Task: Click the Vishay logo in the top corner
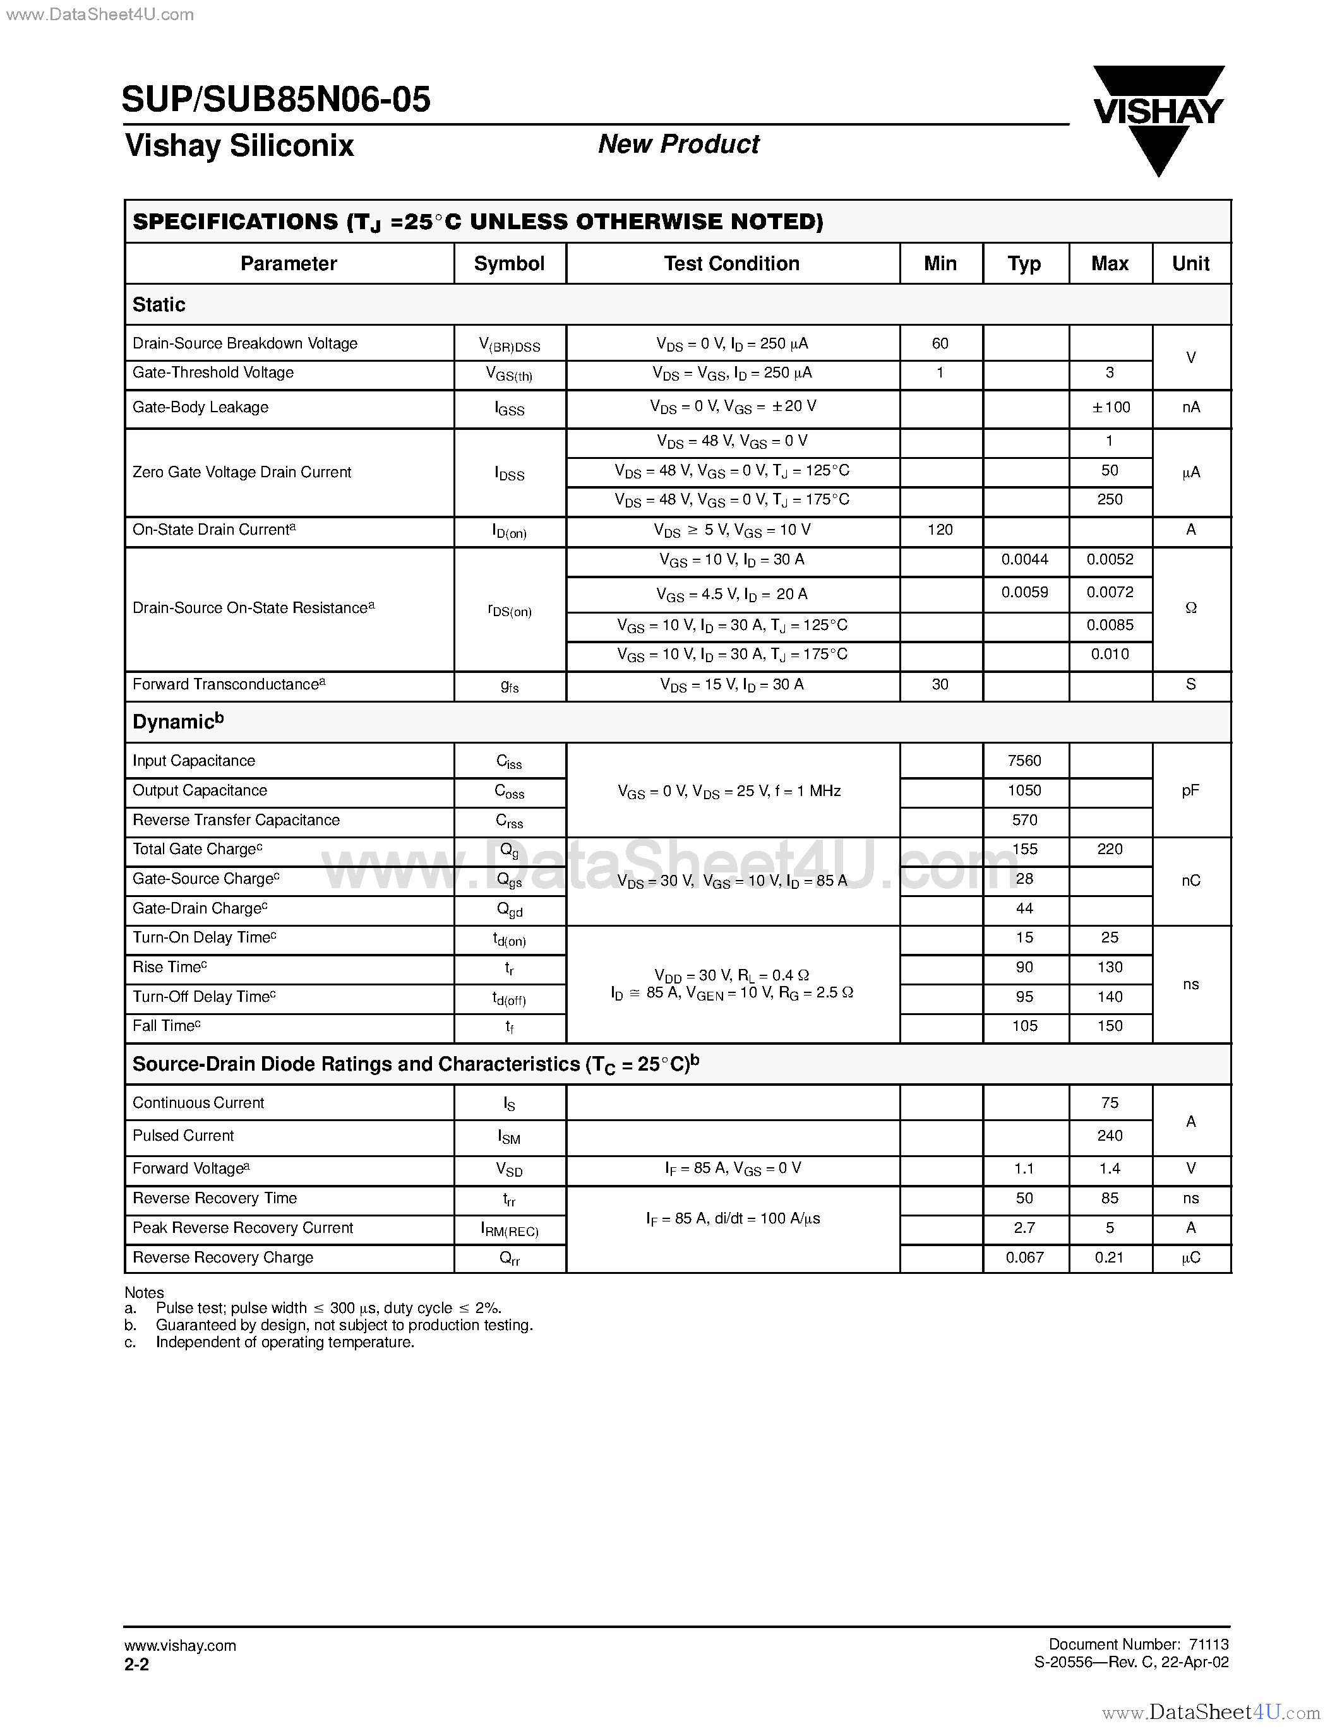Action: [1158, 119]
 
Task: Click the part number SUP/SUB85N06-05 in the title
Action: [277, 99]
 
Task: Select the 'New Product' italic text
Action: [678, 144]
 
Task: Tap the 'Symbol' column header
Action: [509, 264]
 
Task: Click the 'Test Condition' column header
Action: [731, 264]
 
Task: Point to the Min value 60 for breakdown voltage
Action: [940, 343]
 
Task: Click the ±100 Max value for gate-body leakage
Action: [1110, 408]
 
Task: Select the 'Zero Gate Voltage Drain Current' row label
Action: [242, 472]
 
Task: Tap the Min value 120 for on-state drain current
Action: [940, 530]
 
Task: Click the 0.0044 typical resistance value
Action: [1025, 559]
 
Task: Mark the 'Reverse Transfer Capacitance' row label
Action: [236, 820]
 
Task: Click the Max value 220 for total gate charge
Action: [1110, 850]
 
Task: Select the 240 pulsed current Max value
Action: [1110, 1136]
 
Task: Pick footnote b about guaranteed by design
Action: [344, 1325]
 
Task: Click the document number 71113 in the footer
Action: [1209, 1644]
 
